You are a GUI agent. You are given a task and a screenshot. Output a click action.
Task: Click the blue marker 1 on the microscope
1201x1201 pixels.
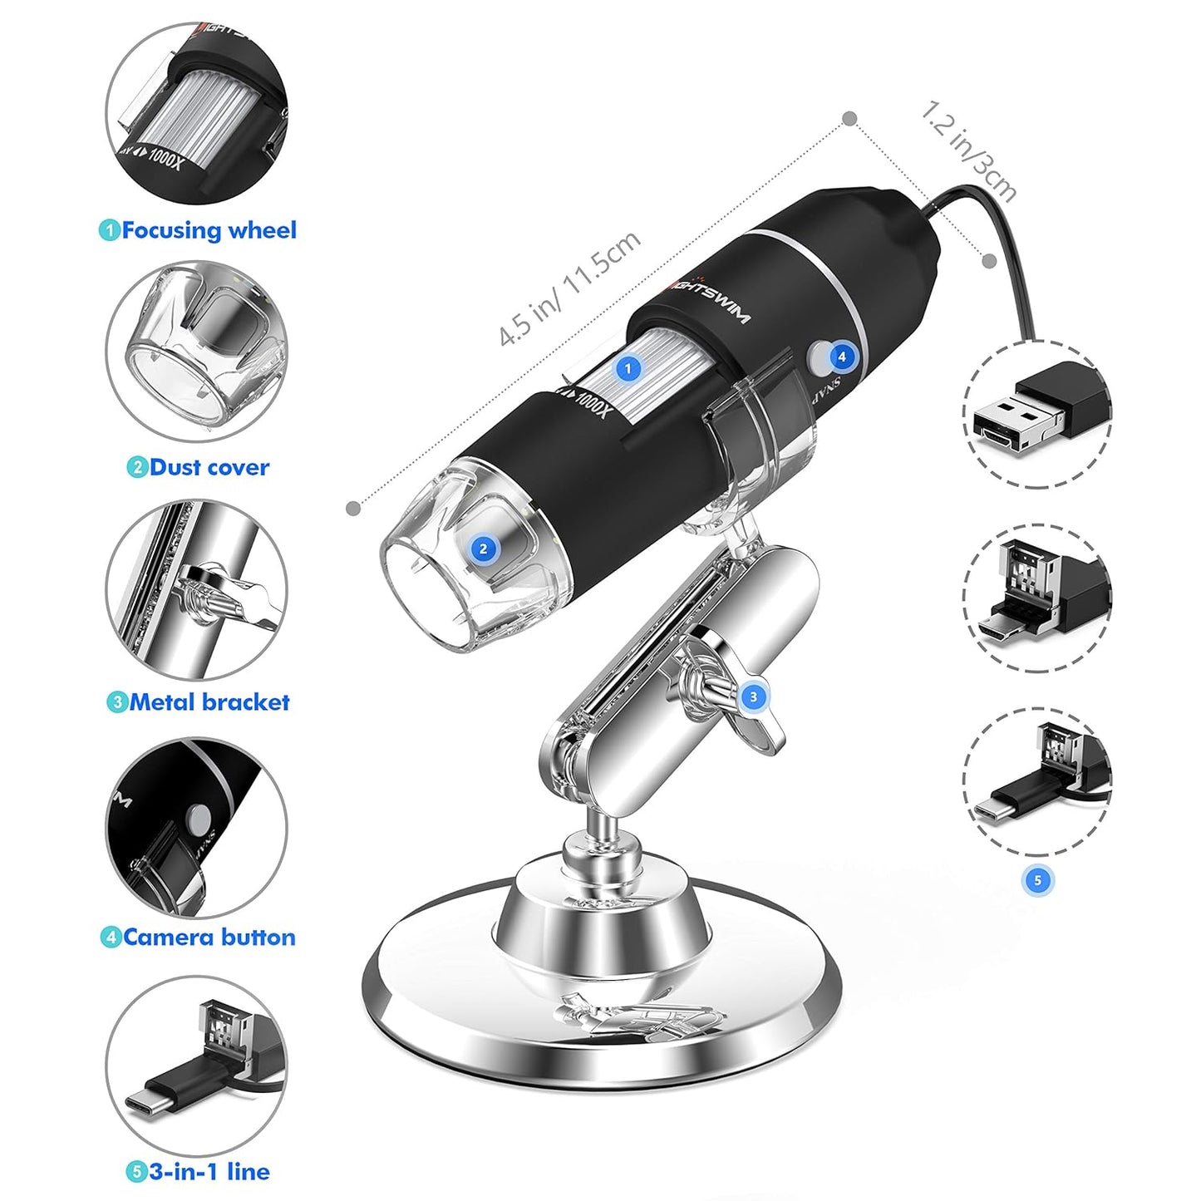[628, 367]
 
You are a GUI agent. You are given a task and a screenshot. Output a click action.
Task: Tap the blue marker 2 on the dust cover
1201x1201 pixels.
[484, 548]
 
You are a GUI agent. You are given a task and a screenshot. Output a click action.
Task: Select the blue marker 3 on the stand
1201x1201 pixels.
[753, 696]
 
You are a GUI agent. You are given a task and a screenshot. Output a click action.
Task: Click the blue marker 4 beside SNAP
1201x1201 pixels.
[842, 357]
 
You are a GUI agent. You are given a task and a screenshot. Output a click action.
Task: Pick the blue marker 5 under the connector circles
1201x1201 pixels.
[1036, 880]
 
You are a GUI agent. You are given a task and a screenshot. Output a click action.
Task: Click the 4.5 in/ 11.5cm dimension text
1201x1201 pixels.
[569, 288]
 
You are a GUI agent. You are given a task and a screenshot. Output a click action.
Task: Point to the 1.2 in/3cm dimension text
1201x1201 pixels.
[968, 151]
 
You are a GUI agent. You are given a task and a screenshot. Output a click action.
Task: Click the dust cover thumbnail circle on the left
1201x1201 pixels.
[197, 353]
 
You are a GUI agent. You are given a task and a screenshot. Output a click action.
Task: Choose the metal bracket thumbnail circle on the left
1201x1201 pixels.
[197, 589]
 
